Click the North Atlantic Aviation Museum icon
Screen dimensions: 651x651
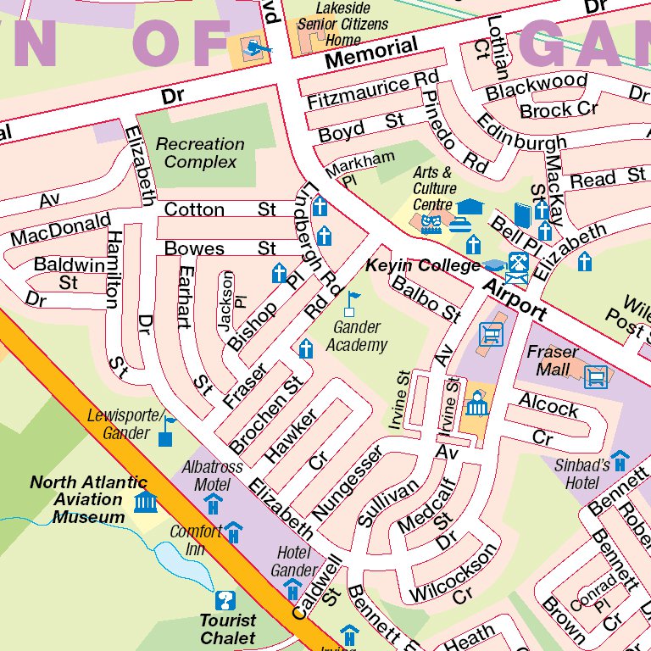pos(145,501)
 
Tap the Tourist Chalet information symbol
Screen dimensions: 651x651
pos(225,600)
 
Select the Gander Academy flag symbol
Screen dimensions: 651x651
pos(351,303)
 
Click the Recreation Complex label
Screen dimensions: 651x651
pos(201,153)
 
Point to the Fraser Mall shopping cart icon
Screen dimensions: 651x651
pos(597,375)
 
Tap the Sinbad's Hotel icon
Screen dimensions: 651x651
pos(620,461)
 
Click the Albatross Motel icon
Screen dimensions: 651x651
pos(213,504)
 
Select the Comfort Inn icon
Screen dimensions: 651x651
pos(233,532)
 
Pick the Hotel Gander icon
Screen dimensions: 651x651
pos(292,588)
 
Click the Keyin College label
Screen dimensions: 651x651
pos(423,266)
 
